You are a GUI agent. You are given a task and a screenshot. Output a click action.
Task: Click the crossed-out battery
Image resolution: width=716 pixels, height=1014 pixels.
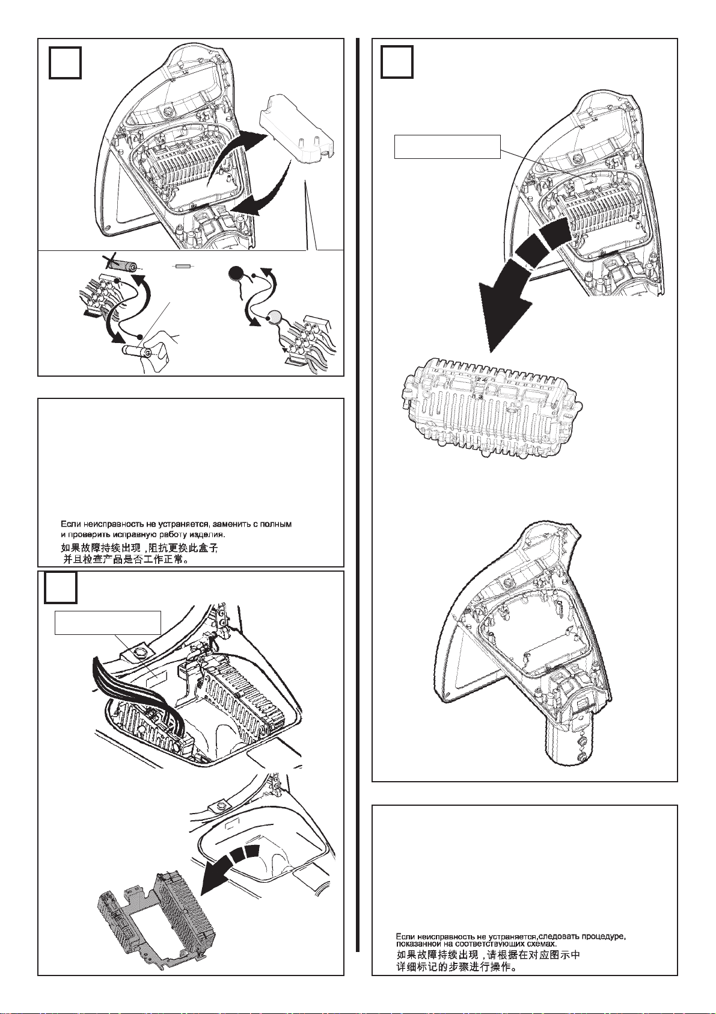tap(126, 265)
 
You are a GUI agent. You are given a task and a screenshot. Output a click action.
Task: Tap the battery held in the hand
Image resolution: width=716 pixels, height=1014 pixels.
tap(138, 350)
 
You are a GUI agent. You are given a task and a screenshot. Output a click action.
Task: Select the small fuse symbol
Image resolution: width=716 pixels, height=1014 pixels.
tap(183, 265)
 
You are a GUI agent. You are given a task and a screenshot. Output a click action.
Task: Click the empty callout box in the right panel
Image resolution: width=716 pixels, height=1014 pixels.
tap(447, 146)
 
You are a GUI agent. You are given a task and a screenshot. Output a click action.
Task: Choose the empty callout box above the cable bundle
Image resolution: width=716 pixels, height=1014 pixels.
tap(108, 622)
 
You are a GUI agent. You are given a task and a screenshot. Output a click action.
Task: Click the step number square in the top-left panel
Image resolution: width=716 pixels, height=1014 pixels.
tap(65, 63)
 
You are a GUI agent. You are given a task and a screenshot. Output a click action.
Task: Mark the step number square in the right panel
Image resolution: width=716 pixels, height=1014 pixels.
tap(397, 63)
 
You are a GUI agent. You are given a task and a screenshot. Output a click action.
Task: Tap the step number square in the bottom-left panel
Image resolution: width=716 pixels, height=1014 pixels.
tap(61, 587)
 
